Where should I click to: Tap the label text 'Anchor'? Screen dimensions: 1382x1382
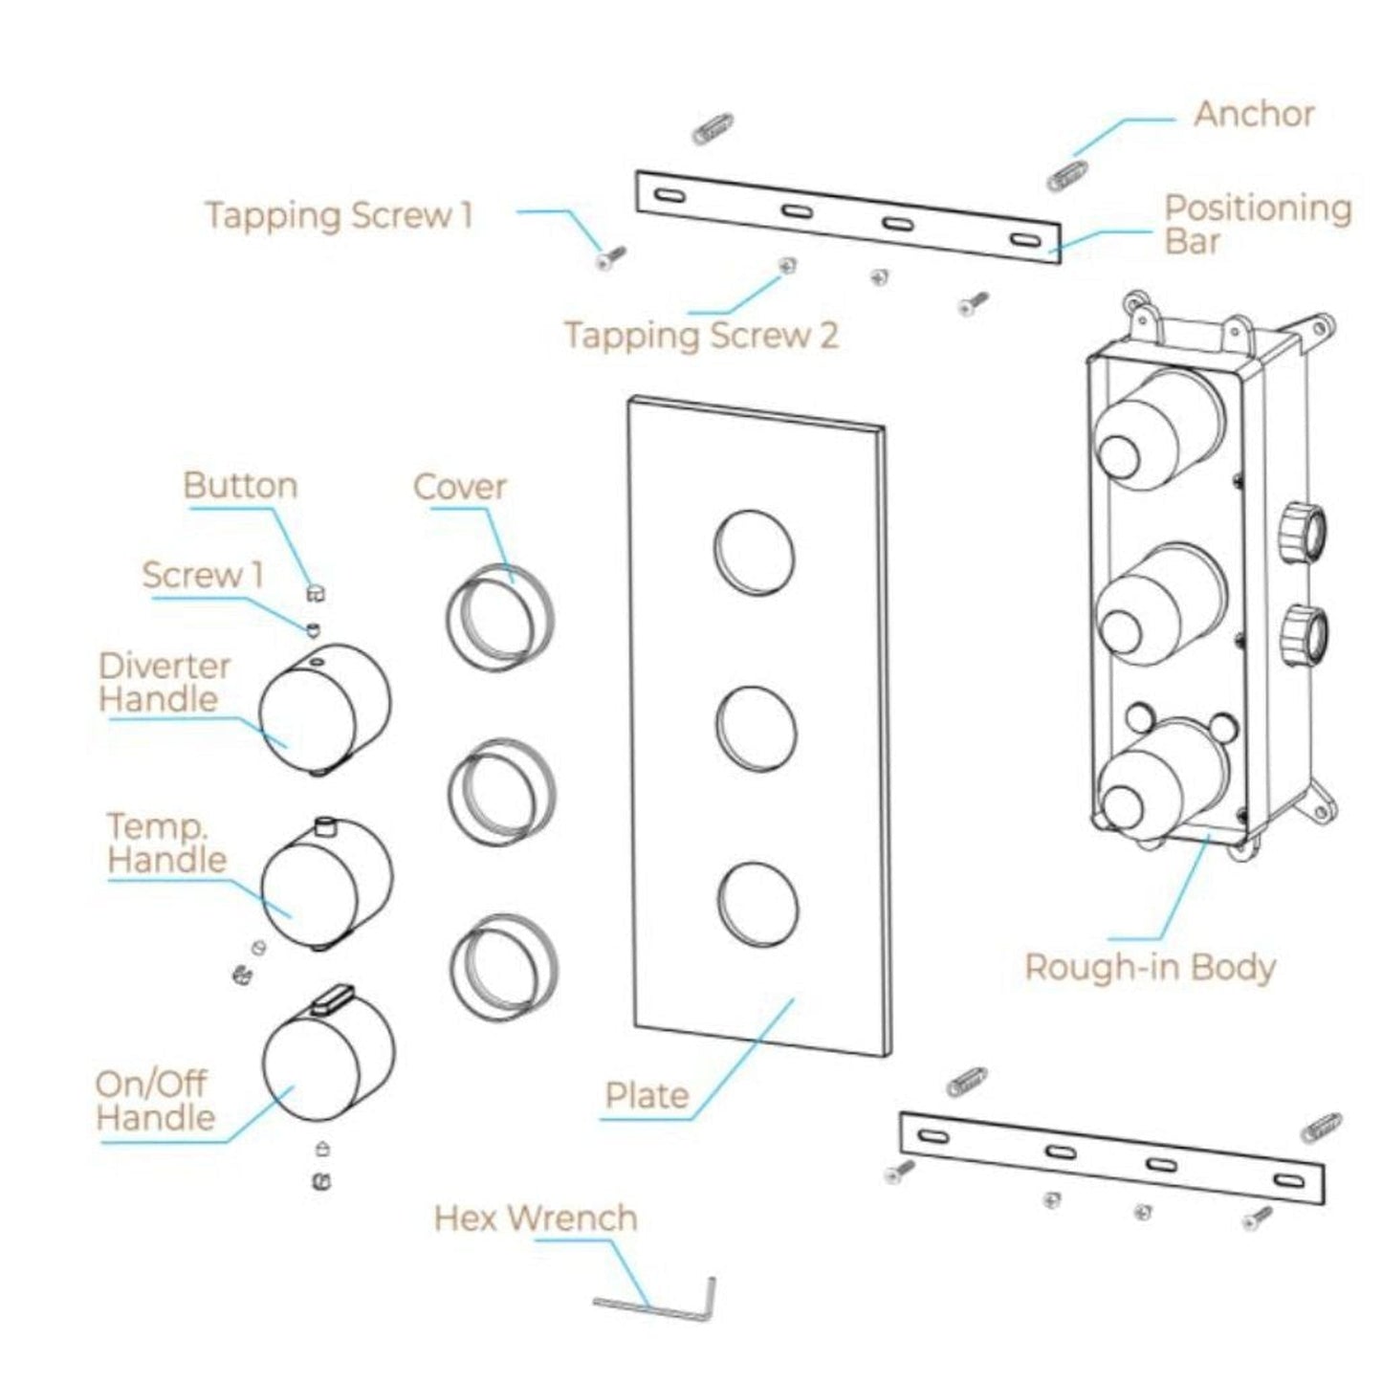1253,115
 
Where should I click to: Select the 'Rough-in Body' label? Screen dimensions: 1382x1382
1150,967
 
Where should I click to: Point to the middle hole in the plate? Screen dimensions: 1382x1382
755,727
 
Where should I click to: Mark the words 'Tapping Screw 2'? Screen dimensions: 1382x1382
701,336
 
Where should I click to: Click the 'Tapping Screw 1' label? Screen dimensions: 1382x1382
340,215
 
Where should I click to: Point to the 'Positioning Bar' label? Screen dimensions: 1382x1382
1258,225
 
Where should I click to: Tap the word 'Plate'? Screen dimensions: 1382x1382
647,1096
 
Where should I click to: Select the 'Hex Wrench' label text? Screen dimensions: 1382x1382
536,1218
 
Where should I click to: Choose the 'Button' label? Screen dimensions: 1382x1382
240,486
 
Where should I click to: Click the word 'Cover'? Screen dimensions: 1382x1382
459,487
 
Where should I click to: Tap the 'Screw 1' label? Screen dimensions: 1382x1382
202,576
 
